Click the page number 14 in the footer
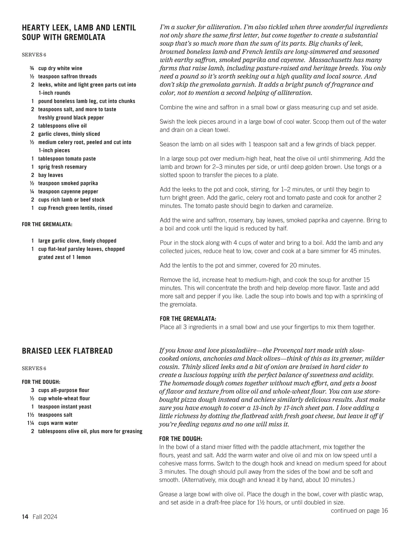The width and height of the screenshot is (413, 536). tap(25, 517)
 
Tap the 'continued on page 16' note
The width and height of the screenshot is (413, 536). tap(359, 511)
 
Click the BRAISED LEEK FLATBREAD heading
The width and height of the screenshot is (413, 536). tap(67, 351)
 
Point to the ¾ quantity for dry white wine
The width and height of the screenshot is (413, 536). tap(32, 68)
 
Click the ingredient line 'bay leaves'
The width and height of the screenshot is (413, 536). tap(51, 175)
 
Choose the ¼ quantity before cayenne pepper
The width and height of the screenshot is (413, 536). tap(32, 192)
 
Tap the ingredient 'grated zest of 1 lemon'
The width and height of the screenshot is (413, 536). tap(64, 257)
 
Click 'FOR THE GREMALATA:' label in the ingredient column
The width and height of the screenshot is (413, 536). tap(47, 224)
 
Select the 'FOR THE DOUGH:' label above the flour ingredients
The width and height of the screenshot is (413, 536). tap(41, 382)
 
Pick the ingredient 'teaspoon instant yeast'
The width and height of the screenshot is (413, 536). tap(65, 407)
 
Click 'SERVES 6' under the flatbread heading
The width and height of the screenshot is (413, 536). tap(34, 368)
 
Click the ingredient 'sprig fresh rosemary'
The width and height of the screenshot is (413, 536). tap(62, 167)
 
